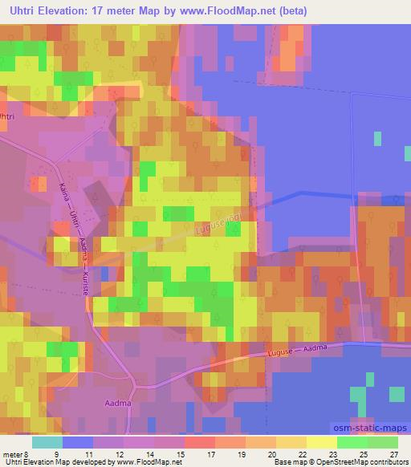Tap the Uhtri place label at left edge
pos(7,116)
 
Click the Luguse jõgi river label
pos(212,224)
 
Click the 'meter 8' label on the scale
pos(15,454)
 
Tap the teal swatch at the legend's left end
pos(47,442)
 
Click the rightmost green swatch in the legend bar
pos(383,442)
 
